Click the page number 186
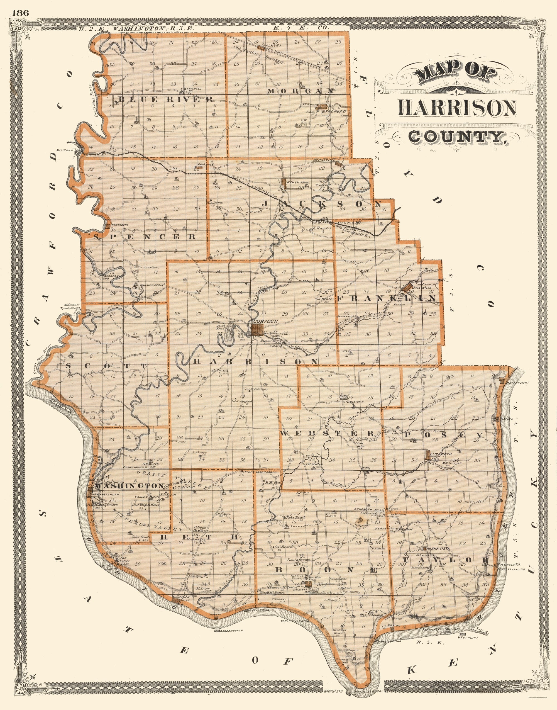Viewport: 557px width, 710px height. (21, 13)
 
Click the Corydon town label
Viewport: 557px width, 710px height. (265, 321)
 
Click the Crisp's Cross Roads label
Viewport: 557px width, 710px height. (259, 471)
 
